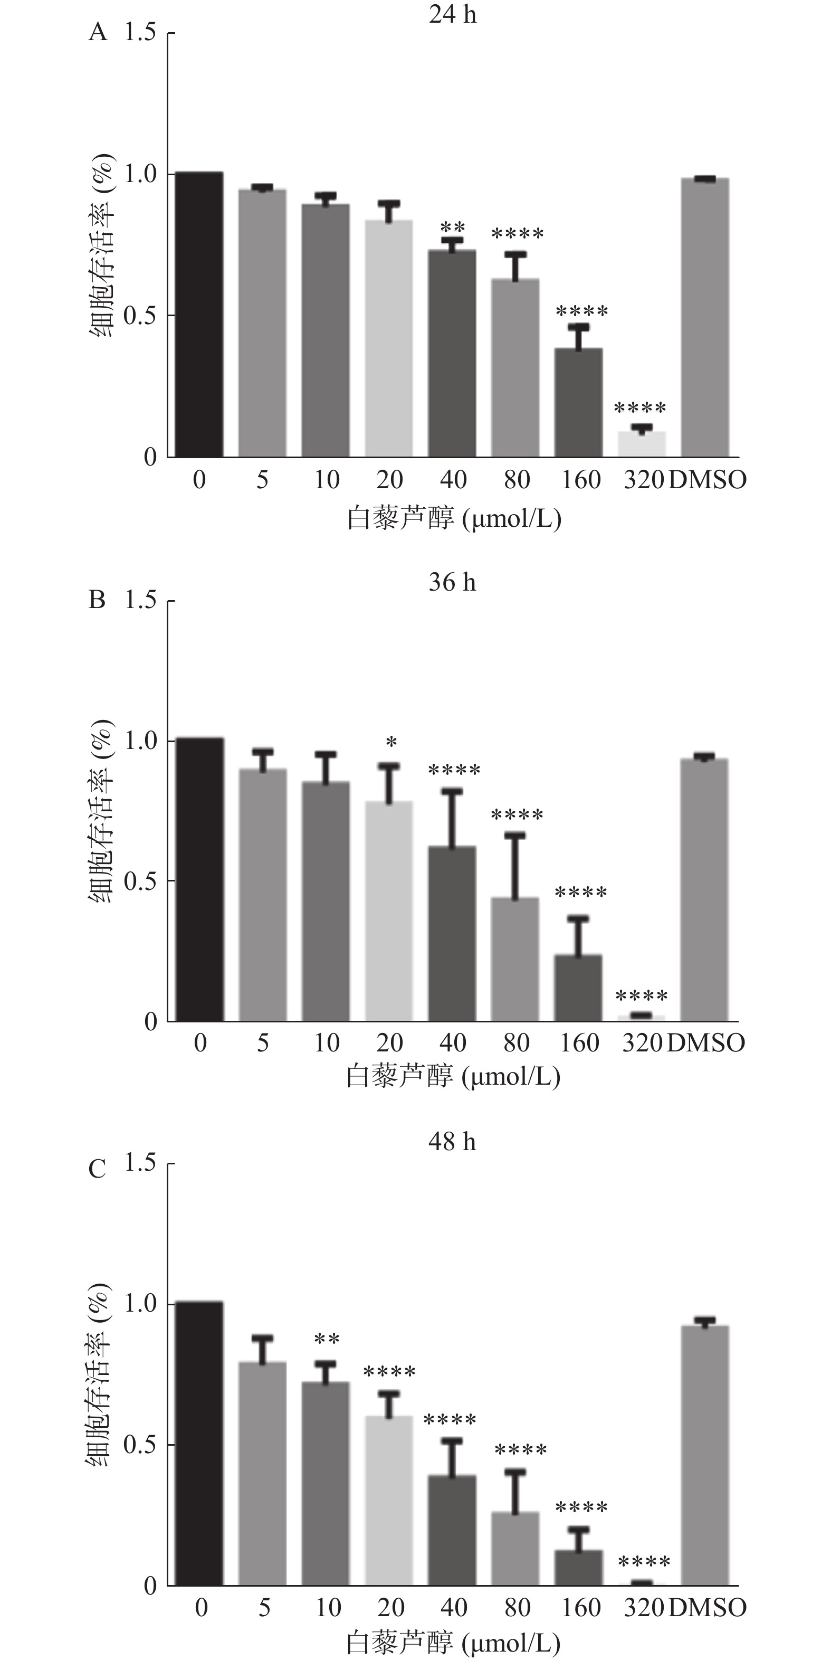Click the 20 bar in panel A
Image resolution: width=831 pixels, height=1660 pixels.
[x=389, y=338]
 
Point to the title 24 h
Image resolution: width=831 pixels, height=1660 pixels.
[x=453, y=14]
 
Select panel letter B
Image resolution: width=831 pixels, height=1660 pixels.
[x=97, y=600]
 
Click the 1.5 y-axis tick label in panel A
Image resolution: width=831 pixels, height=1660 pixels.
[x=140, y=32]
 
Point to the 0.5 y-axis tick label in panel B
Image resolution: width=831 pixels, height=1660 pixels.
[x=140, y=880]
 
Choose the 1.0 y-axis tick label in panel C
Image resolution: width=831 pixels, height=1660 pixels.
[x=140, y=1303]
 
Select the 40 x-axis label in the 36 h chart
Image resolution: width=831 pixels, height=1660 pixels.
[x=453, y=1042]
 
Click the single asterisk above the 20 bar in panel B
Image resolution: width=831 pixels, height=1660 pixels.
[x=391, y=742]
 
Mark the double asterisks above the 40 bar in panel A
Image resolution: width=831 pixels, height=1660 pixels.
[x=452, y=227]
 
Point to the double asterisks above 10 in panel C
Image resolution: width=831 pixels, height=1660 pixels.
[x=327, y=1339]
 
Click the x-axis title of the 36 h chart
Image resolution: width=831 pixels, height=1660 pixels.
[x=453, y=1076]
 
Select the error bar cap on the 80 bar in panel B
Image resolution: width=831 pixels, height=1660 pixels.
[x=515, y=835]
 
